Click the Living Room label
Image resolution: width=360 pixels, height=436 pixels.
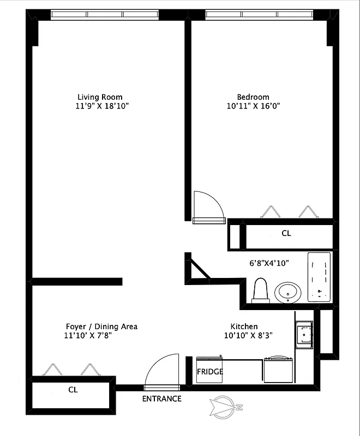point(100,96)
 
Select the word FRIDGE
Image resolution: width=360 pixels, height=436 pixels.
point(210,372)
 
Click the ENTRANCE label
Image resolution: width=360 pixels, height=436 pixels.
point(161,398)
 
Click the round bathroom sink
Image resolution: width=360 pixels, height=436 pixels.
point(287,292)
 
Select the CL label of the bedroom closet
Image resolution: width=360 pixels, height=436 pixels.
point(286,233)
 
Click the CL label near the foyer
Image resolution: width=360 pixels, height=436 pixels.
point(73,390)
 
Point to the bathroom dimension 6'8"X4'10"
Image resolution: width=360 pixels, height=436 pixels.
point(269,263)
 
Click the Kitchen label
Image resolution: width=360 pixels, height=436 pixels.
point(244,326)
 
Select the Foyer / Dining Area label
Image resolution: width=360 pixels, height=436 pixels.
point(101,326)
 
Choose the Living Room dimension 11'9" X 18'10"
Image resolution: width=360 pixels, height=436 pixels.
point(102,106)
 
